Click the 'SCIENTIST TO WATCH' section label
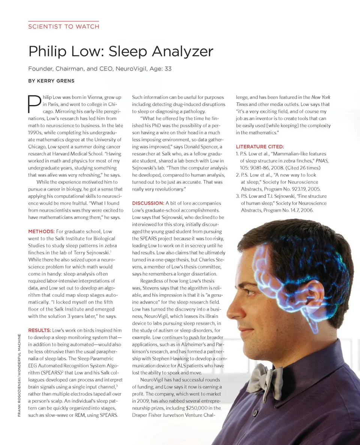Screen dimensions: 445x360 click(x=64, y=27)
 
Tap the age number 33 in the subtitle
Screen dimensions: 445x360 click(x=168, y=69)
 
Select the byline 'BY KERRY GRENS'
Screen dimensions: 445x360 click(x=51, y=81)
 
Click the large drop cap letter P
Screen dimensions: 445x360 click(x=34, y=103)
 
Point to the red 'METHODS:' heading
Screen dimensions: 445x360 click(x=41, y=232)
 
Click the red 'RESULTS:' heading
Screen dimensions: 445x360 click(x=40, y=330)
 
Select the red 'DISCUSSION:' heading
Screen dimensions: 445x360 click(x=148, y=203)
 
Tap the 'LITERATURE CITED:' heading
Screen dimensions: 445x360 click(x=260, y=147)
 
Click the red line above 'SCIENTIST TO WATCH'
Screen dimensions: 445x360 click(x=63, y=21)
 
